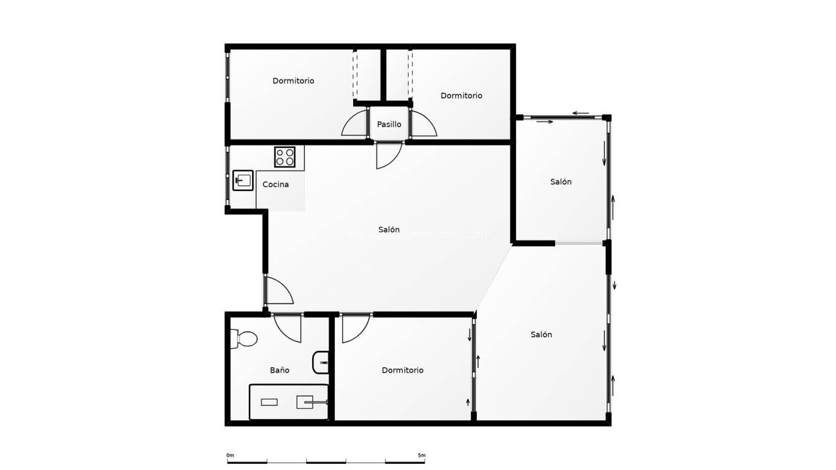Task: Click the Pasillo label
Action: click(x=389, y=124)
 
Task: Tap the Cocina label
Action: click(x=275, y=184)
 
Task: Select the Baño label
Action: click(x=280, y=370)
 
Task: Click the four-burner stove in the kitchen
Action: click(x=285, y=157)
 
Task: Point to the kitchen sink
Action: click(x=243, y=181)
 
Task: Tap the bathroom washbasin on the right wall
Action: click(x=321, y=362)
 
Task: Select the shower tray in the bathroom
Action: click(x=288, y=402)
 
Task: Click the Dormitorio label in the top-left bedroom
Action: click(x=293, y=81)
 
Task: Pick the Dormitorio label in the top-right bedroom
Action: click(x=461, y=95)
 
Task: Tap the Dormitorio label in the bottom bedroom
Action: click(x=403, y=370)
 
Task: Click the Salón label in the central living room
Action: click(x=389, y=229)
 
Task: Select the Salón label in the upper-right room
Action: click(x=561, y=182)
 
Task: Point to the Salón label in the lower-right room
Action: click(x=541, y=334)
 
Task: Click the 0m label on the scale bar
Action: click(x=230, y=455)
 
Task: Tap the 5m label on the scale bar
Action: click(x=421, y=455)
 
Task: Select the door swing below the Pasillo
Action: click(x=388, y=155)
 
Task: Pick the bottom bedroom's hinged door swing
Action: click(x=354, y=329)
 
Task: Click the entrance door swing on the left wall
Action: click(x=279, y=291)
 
